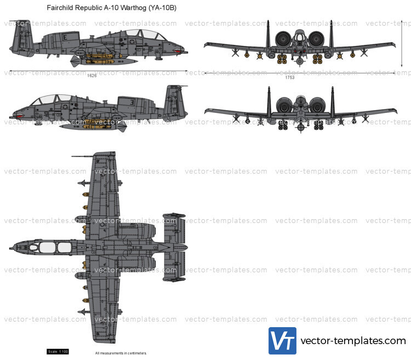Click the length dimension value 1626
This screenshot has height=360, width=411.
pyautogui.click(x=92, y=76)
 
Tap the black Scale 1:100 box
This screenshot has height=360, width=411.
pyautogui.click(x=58, y=352)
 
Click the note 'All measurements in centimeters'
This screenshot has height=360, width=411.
pyautogui.click(x=121, y=353)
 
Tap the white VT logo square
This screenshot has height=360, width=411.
pyautogui.click(x=282, y=340)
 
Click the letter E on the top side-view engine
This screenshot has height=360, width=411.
pyautogui.click(x=65, y=36)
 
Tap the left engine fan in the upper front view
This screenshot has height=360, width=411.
pyautogui.click(x=283, y=39)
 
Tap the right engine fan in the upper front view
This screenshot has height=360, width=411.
pyautogui.click(x=316, y=39)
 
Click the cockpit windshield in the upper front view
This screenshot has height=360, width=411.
pyautogui.click(x=300, y=36)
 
